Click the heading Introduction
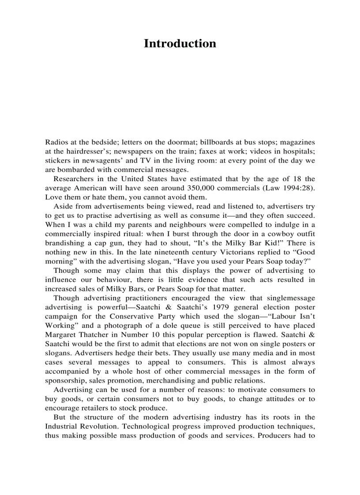[x=180, y=44]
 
